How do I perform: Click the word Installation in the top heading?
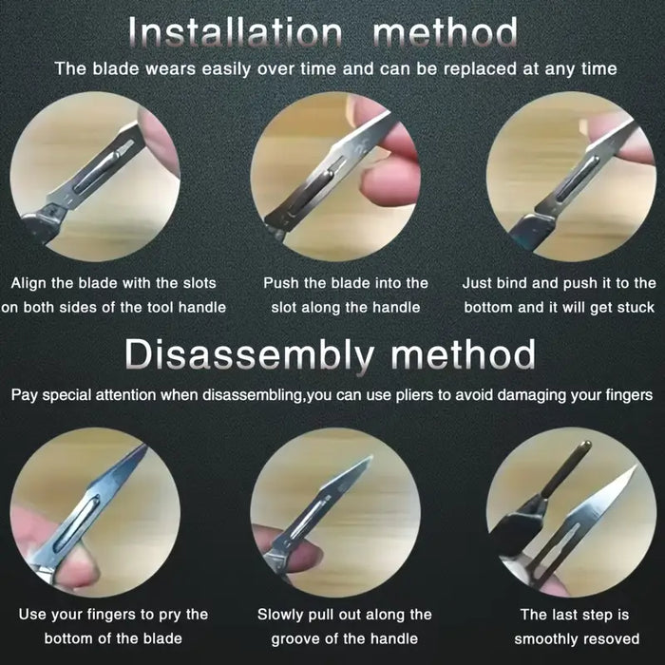(235, 32)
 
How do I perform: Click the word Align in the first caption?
(28, 283)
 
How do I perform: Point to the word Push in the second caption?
(280, 283)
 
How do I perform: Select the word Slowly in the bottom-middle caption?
(280, 615)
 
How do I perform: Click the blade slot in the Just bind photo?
(577, 179)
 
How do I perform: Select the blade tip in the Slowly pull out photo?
(370, 458)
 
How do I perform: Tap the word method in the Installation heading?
(446, 32)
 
